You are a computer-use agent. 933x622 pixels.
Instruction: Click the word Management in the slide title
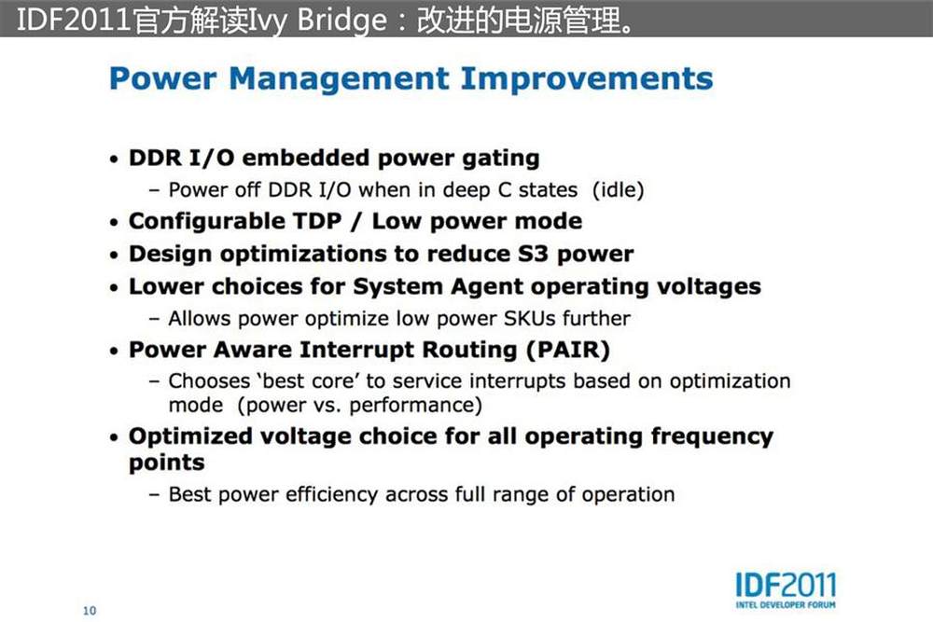click(340, 79)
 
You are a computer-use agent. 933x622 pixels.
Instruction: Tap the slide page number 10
click(90, 611)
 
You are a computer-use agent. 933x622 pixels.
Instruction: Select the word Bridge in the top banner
click(342, 20)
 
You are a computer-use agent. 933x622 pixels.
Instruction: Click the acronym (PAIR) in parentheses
click(568, 350)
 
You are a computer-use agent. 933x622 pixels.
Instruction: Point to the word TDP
click(317, 221)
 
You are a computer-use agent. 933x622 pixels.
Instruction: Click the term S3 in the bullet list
click(533, 254)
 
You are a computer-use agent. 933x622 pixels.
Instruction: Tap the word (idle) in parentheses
click(619, 190)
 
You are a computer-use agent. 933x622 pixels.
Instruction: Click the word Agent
click(487, 287)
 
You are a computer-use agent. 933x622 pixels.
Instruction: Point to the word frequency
click(712, 437)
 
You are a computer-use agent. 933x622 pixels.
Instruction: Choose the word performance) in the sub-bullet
click(415, 406)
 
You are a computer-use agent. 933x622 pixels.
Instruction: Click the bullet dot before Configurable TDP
click(114, 223)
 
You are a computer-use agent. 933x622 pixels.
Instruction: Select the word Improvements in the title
click(587, 79)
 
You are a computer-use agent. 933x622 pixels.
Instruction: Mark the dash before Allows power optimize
click(154, 319)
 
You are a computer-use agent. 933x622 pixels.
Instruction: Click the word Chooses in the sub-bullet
click(209, 381)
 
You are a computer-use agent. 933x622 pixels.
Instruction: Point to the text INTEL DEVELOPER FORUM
click(786, 605)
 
